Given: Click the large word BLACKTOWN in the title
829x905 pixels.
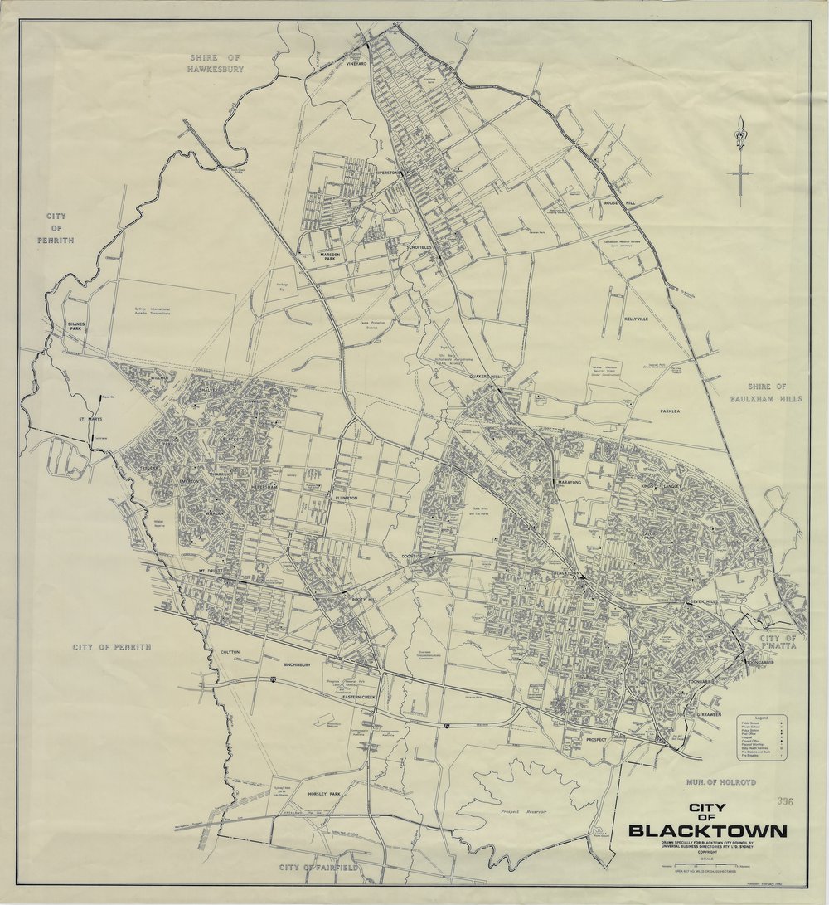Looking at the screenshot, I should tap(707, 831).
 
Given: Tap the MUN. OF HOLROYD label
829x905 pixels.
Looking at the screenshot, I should tap(720, 782).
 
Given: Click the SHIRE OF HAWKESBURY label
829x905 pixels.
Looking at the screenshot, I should tap(216, 64).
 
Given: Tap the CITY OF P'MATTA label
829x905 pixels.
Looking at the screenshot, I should tap(778, 643).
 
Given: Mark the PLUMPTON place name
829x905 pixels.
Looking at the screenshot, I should tap(347, 498).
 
